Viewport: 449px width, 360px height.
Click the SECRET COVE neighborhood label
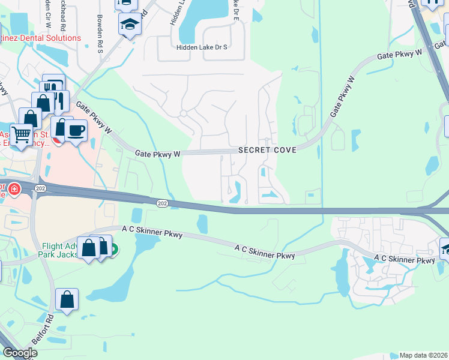click(267, 150)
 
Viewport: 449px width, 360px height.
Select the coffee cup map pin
click(76, 131)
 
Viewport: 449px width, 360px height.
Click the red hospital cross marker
click(14, 190)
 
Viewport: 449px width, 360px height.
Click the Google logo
click(20, 352)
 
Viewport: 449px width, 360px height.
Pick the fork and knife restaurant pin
click(53, 85)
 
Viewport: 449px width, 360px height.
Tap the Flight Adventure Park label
click(60, 250)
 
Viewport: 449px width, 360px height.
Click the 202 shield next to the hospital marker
click(40, 188)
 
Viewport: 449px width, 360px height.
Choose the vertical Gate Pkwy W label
click(343, 96)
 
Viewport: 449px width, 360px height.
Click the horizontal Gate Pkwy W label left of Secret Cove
click(158, 154)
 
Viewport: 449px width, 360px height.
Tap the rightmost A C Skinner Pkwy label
click(404, 260)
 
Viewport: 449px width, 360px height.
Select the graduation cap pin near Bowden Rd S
click(130, 25)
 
